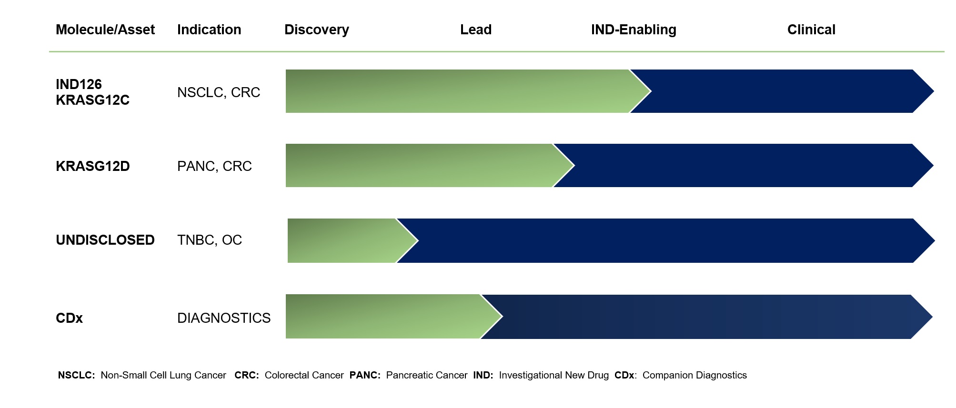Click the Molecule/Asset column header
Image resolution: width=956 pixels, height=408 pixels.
(105, 30)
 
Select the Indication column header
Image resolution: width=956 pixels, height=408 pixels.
(209, 30)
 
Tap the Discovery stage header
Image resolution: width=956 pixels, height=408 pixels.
(317, 30)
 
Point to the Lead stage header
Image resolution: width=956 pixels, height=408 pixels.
(476, 30)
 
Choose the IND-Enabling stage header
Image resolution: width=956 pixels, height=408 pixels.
(634, 30)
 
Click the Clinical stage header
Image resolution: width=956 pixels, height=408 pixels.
(811, 30)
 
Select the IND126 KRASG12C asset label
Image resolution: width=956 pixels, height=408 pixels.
(92, 92)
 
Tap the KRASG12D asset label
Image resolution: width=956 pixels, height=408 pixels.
(93, 166)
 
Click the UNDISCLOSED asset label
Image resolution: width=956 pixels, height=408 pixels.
(105, 240)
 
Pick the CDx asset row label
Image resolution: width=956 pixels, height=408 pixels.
(69, 318)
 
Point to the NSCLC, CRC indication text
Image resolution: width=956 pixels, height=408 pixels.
(219, 92)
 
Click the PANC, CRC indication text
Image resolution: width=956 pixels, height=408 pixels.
(214, 166)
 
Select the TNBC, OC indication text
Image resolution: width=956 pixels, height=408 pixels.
(210, 240)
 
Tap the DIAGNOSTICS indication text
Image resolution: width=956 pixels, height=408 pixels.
(224, 318)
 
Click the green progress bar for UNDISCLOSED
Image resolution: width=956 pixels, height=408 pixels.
(348, 240)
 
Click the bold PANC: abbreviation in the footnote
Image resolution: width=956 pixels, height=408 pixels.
(365, 375)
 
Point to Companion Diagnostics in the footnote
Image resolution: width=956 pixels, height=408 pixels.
(694, 375)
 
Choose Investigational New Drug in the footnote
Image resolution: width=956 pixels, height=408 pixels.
(554, 375)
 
